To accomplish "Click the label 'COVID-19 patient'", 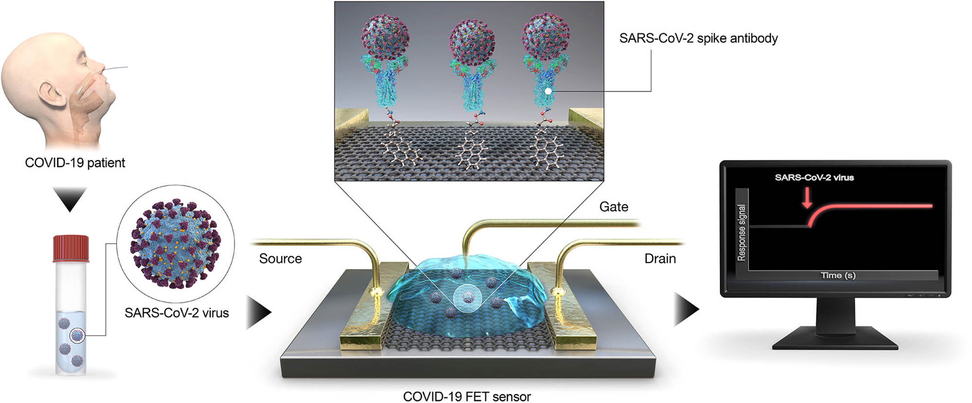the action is point(75,163).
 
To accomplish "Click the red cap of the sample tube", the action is point(71,248).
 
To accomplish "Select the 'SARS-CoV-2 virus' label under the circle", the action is point(176,313).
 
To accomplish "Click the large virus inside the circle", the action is point(175,243).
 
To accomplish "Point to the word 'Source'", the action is point(280,259).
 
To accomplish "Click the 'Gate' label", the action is point(613,207).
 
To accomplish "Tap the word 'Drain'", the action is point(660,259).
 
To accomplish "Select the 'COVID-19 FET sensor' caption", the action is point(467,397).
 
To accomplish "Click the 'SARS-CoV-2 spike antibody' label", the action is point(698,38).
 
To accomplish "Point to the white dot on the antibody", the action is point(548,90).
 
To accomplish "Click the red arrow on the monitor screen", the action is point(807,197).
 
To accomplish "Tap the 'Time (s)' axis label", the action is point(838,275).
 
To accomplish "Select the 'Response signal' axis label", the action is point(741,232).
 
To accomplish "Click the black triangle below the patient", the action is point(70,198).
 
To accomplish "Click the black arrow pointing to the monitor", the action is point(686,309).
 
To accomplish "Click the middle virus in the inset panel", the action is point(471,41).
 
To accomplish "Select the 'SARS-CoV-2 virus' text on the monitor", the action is point(814,177).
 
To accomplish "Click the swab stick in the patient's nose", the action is point(117,69).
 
